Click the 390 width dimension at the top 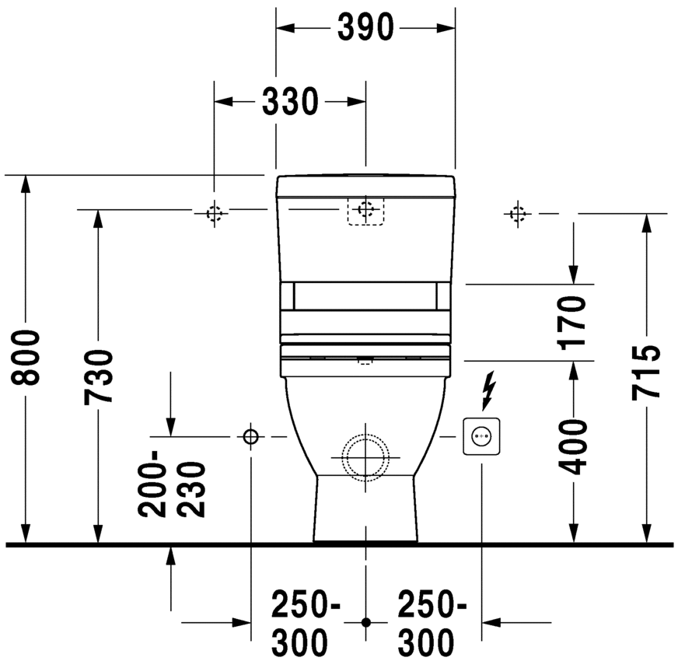coord(365,28)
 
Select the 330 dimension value coord(289,101)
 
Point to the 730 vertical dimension coord(100,376)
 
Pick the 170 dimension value coord(573,321)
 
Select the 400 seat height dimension coord(573,446)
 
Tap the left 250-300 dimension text coord(305,622)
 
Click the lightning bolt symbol coord(488,390)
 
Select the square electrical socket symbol coord(480,436)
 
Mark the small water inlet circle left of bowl coord(250,437)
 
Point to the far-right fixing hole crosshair coord(517,212)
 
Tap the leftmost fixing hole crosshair coord(215,212)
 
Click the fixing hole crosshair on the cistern coord(365,210)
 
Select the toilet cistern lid coord(365,185)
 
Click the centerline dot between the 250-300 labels coord(366,622)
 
